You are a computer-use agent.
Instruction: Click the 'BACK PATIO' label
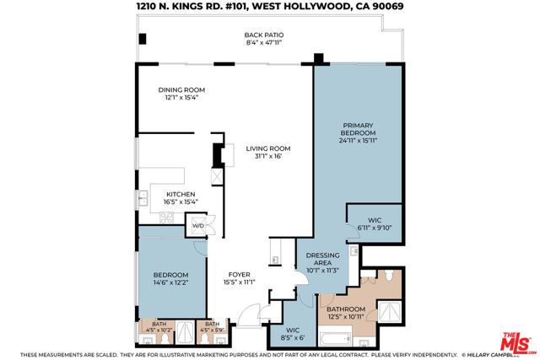tap(264, 35)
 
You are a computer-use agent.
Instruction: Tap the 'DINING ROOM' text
tap(181, 90)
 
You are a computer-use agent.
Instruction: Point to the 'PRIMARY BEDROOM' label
tap(359, 133)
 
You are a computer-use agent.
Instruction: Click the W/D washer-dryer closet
tap(199, 226)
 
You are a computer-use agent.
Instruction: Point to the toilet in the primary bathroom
tap(385, 277)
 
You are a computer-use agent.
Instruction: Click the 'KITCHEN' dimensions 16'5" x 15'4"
tap(181, 201)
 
